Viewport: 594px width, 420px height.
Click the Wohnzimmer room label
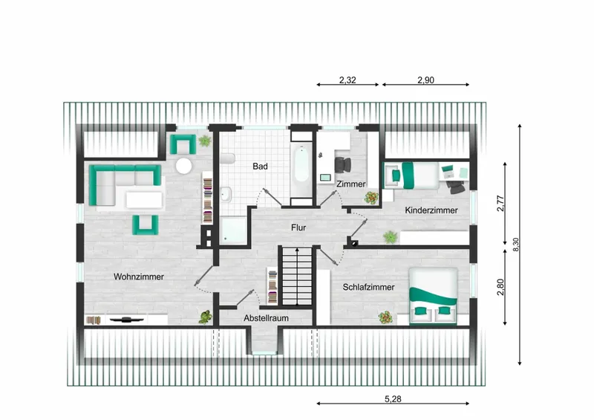coord(139,277)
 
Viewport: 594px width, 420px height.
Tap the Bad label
coord(261,167)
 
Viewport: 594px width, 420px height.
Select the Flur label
coord(298,227)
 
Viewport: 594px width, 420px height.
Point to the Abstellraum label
coord(266,318)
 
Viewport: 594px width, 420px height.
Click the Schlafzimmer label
coord(368,287)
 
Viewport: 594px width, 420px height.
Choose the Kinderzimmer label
coord(431,210)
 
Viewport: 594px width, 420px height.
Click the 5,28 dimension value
coord(393,398)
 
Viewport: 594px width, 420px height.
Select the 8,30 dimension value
coord(515,245)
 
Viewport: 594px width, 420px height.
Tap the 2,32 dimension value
coord(347,80)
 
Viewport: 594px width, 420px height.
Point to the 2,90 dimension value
coord(425,80)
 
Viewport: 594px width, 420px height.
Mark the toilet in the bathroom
coord(227,158)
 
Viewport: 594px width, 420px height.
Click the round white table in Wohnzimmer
coord(183,166)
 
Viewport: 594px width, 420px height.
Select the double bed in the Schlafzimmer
coord(433,296)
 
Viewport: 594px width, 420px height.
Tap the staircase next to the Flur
coord(298,276)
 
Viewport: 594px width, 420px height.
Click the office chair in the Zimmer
coord(342,165)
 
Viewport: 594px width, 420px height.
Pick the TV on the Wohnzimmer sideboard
coord(126,320)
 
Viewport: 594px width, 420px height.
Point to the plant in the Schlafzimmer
coord(385,317)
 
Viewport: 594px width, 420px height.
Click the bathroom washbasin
coord(226,194)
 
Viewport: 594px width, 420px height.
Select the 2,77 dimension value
coord(500,203)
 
